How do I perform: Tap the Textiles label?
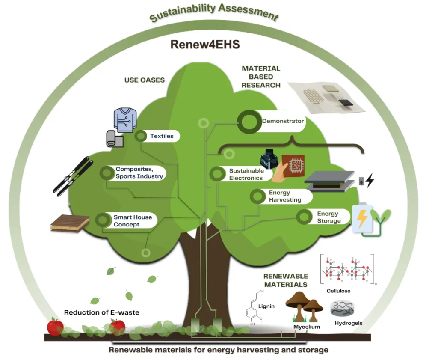tap(162, 136)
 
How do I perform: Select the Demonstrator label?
tap(283, 121)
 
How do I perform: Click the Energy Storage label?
tap(328, 217)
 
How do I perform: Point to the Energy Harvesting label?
tap(285, 196)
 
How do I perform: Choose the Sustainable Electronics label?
tap(246, 174)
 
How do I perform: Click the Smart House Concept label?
tap(133, 220)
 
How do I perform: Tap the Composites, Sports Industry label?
tap(139, 173)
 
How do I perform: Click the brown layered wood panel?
tap(70, 223)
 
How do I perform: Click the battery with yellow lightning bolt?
tap(362, 219)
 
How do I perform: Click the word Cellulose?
tap(338, 291)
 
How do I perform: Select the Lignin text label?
tap(266, 306)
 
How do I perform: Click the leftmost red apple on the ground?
tap(55, 327)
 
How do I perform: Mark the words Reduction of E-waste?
tap(101, 312)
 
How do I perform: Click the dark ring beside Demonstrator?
tap(247, 122)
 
